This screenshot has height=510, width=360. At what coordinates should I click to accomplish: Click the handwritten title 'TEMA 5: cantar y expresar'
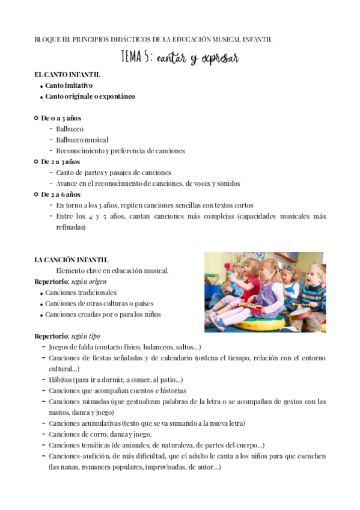coord(180,58)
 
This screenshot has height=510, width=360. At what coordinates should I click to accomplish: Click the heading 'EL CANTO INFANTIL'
coord(67,75)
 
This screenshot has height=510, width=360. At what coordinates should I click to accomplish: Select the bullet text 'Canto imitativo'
coord(69,85)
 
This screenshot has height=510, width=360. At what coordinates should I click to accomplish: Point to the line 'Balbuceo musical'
coord(82,140)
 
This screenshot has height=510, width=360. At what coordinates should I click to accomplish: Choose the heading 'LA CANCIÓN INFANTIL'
coord(71,260)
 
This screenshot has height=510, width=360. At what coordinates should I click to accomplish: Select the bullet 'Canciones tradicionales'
coord(81,292)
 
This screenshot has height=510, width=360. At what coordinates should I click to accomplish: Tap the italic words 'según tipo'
coord(87,336)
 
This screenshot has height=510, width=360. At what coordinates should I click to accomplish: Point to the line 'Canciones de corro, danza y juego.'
coord(100,434)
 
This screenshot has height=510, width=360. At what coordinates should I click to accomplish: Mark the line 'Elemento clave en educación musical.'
coord(112,271)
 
